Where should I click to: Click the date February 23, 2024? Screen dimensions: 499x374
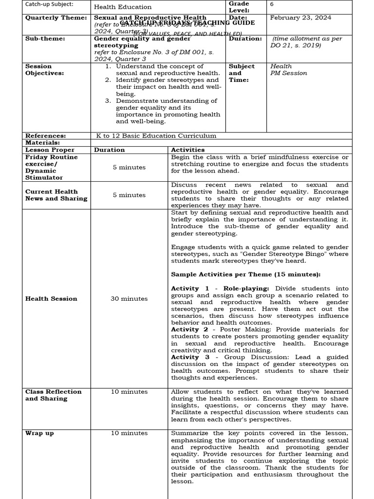[x=300, y=18]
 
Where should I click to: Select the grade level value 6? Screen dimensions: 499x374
[x=272, y=4]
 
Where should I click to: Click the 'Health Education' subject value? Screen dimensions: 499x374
[x=123, y=7]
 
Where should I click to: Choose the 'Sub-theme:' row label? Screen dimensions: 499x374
[x=42, y=38]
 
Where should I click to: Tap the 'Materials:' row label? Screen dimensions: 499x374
[x=42, y=143]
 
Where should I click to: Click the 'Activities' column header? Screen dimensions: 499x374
[x=187, y=150]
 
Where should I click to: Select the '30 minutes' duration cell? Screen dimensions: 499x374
[x=129, y=299]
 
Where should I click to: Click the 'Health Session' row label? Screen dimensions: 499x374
[x=51, y=299]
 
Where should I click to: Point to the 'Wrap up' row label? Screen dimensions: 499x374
[x=39, y=433]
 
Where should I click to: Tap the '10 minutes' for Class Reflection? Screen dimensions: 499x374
[x=129, y=392]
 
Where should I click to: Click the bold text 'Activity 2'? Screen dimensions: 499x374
[x=189, y=329]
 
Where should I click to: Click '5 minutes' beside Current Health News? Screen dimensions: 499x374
[x=129, y=195]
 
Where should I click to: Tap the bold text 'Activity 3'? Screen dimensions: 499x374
[x=190, y=357]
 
